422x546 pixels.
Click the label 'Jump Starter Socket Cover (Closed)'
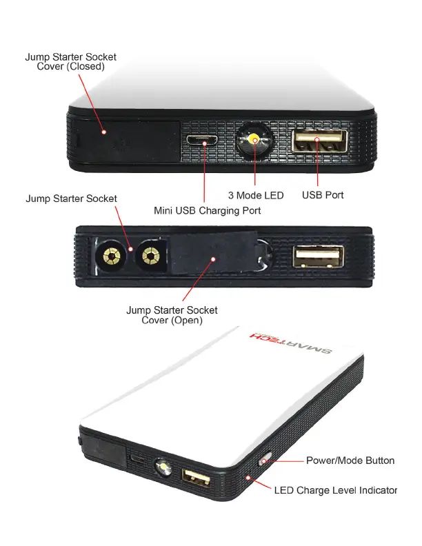tap(70, 61)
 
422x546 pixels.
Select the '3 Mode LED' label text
tap(255, 195)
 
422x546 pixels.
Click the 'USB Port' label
tap(323, 195)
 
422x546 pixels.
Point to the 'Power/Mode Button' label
tap(350, 461)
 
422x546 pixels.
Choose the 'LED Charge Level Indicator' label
tap(335, 490)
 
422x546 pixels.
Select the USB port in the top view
tap(318, 141)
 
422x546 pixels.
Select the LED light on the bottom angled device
tap(165, 470)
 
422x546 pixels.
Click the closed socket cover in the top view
tap(128, 142)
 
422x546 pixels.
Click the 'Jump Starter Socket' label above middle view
tap(71, 199)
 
